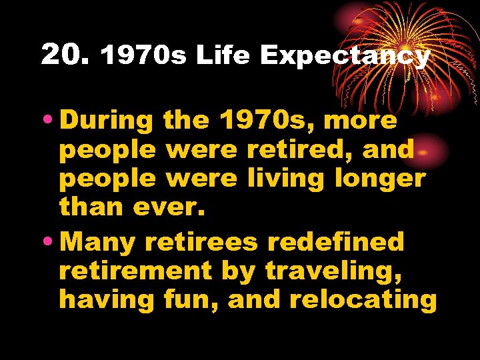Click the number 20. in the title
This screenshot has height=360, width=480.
[65, 55]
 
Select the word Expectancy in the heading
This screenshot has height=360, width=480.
[344, 57]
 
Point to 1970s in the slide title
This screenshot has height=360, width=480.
[143, 56]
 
